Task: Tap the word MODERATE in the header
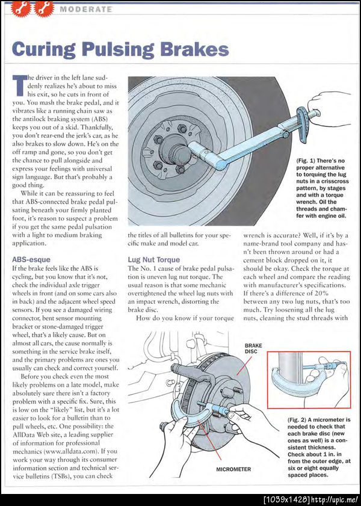(86, 9)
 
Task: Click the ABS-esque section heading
(31, 259)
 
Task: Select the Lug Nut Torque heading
(154, 260)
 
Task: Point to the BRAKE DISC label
(253, 348)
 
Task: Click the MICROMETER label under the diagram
(233, 469)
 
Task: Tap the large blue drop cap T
(19, 86)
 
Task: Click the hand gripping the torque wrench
(327, 104)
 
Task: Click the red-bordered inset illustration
(309, 380)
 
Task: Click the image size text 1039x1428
(287, 500)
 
